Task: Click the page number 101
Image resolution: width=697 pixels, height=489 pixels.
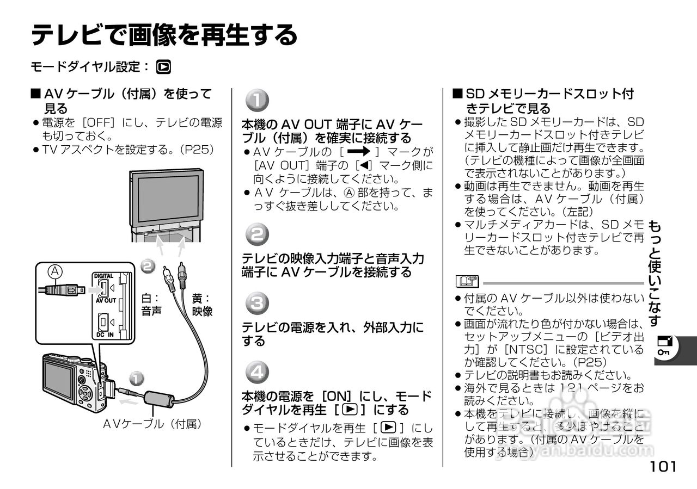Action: click(663, 467)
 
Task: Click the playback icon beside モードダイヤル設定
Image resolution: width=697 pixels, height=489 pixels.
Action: click(163, 67)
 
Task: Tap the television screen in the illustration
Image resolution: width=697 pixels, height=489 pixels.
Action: click(168, 197)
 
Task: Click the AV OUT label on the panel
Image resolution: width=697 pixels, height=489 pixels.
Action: click(106, 300)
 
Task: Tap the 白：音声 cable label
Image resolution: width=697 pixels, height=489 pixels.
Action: click(150, 305)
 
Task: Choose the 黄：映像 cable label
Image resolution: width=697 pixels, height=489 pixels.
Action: click(202, 305)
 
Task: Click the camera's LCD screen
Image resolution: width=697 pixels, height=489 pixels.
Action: click(59, 379)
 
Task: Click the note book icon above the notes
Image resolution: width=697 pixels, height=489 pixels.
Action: click(467, 282)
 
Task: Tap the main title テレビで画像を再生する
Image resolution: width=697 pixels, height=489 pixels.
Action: click(164, 35)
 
